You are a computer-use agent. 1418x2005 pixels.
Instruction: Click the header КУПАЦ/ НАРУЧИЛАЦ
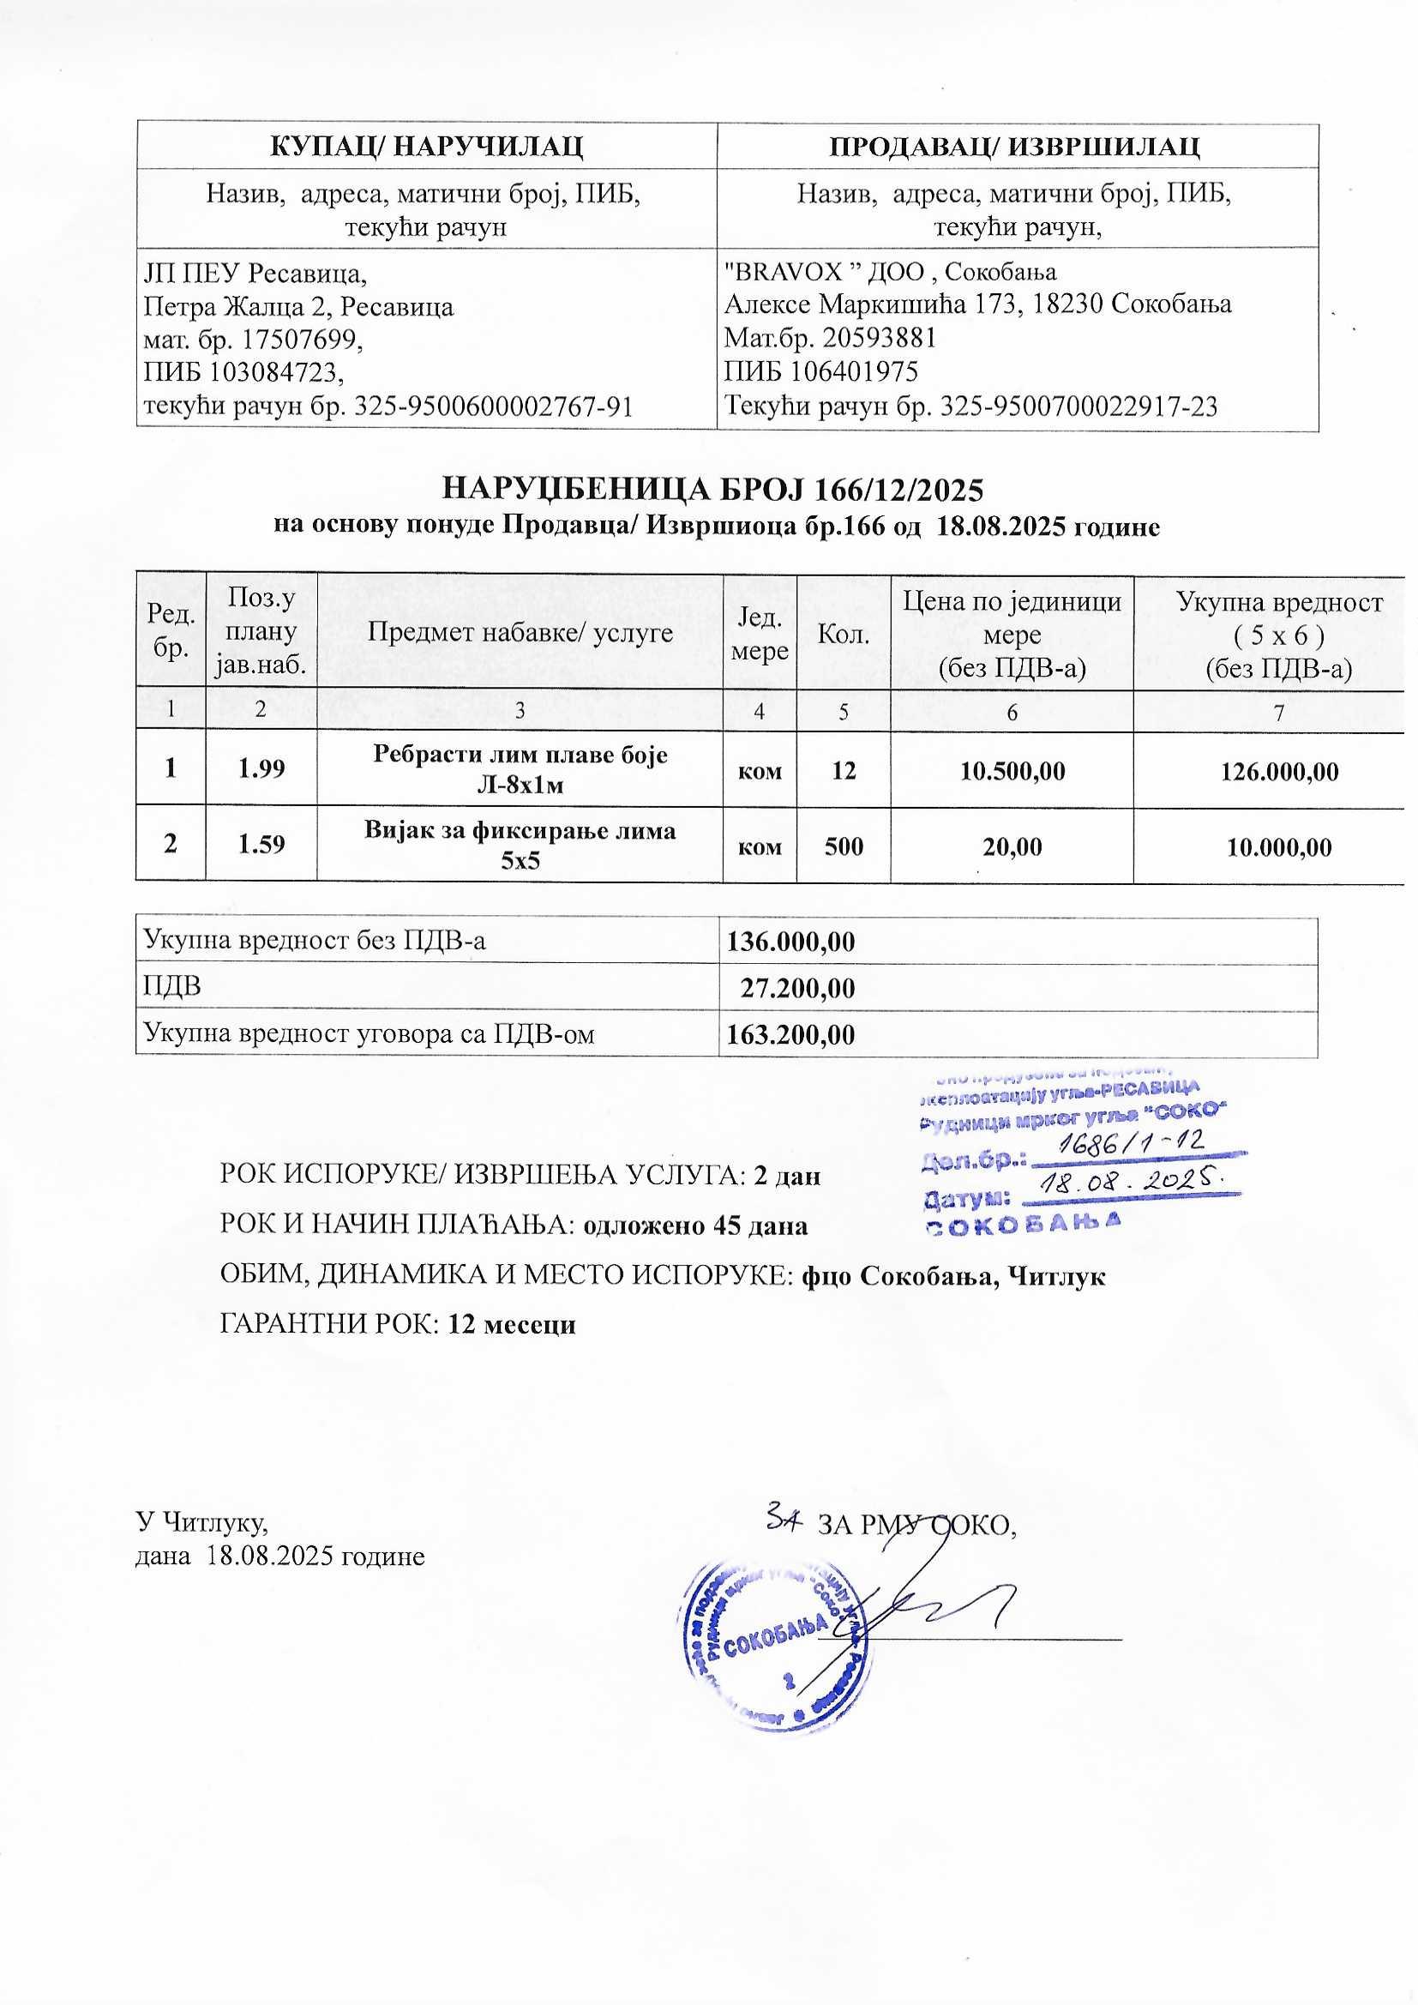pos(426,146)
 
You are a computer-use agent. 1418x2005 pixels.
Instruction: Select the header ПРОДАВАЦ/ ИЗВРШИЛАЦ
pos(1017,146)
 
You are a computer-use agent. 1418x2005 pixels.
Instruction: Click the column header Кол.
pos(843,634)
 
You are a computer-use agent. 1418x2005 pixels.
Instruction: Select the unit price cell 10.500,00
pos(1012,771)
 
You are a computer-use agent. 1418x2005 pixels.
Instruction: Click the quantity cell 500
pos(843,846)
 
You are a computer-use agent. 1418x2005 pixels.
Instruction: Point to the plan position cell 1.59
pos(261,846)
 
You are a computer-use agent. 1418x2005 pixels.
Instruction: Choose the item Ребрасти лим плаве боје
pos(520,756)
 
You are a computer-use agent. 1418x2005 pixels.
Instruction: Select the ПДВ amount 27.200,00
pos(797,989)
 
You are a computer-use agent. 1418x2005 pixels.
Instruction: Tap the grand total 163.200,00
pos(791,1035)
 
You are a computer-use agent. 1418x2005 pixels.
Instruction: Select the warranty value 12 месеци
pos(512,1325)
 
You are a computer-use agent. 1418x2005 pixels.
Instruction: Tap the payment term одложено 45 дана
pos(695,1226)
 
